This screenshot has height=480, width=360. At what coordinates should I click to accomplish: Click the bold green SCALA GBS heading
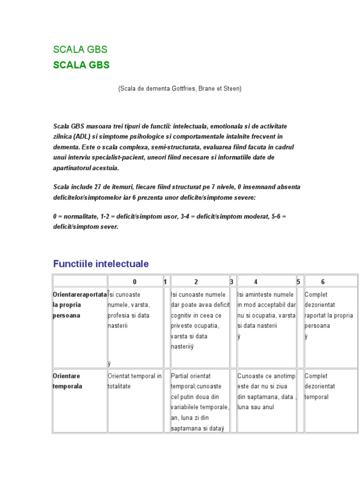coord(81,65)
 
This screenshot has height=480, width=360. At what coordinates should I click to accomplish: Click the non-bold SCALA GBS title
coord(80,50)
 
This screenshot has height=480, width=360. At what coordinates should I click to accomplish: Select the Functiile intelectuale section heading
coord(101,264)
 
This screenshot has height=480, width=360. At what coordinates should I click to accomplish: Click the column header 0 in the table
coord(135,282)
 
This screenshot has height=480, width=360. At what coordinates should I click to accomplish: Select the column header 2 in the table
coord(196,282)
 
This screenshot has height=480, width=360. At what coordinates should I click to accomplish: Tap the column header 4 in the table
coord(255,282)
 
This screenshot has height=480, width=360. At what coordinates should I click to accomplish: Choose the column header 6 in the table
coord(322,282)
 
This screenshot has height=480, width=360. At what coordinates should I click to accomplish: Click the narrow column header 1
coord(165,282)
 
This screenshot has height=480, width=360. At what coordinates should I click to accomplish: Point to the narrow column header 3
coord(232,282)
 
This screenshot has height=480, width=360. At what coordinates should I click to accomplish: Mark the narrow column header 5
coord(298,282)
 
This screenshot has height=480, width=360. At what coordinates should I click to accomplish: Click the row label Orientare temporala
coord(68,381)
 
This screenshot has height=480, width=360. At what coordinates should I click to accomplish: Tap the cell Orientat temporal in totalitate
coord(135,381)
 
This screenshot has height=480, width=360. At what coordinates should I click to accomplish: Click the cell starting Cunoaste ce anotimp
coord(266,391)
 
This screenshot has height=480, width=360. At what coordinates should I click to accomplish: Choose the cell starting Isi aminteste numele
coord(266,310)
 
